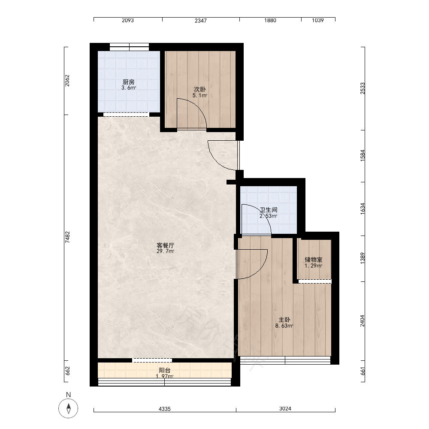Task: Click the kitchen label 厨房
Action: [x=129, y=82]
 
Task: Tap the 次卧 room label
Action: [x=200, y=90]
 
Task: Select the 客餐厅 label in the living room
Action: [x=165, y=245]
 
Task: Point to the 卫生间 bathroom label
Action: [x=269, y=210]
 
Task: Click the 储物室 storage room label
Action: [x=314, y=260]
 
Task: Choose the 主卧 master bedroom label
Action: [x=284, y=320]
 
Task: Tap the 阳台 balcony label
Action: [x=165, y=371]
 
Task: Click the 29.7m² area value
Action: [x=165, y=251]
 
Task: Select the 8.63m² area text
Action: [x=284, y=326]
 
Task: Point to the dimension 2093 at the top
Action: [x=128, y=21]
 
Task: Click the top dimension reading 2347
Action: [x=201, y=21]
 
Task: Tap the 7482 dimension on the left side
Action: [x=67, y=237]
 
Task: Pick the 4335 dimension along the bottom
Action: [x=165, y=409]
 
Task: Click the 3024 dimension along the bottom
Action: [x=285, y=408]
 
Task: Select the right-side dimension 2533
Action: [x=363, y=88]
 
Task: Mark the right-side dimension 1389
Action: [x=363, y=258]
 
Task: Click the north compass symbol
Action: [x=68, y=408]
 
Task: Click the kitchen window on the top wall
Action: [x=130, y=47]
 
